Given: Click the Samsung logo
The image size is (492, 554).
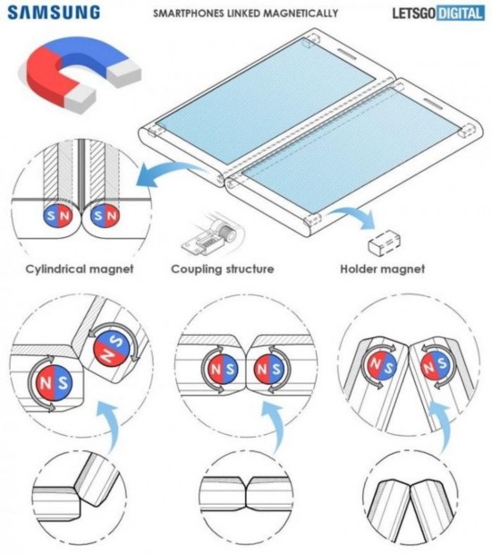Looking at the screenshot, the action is click(x=54, y=13).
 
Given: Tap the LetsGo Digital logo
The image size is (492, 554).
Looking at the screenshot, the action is click(x=438, y=13).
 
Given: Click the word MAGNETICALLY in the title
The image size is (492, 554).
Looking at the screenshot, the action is click(x=301, y=13).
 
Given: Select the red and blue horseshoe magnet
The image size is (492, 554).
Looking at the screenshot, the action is click(x=79, y=73).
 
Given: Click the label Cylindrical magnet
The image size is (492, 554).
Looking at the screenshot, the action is click(x=80, y=269).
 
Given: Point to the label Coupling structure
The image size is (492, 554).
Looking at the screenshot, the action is click(x=223, y=269).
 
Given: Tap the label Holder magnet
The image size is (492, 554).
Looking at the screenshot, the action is click(x=383, y=268).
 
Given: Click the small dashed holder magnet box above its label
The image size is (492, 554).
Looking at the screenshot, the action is click(x=385, y=242).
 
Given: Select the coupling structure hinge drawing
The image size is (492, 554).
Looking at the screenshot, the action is click(x=213, y=234).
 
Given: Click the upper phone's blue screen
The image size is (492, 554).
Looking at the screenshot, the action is click(x=266, y=101).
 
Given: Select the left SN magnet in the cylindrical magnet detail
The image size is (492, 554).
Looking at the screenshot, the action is click(x=58, y=216).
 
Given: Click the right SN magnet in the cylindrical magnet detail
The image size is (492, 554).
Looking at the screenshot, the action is click(x=105, y=215).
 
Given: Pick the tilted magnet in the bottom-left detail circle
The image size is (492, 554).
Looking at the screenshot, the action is click(x=113, y=347).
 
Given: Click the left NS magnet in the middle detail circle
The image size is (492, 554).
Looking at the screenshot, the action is click(x=222, y=370).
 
